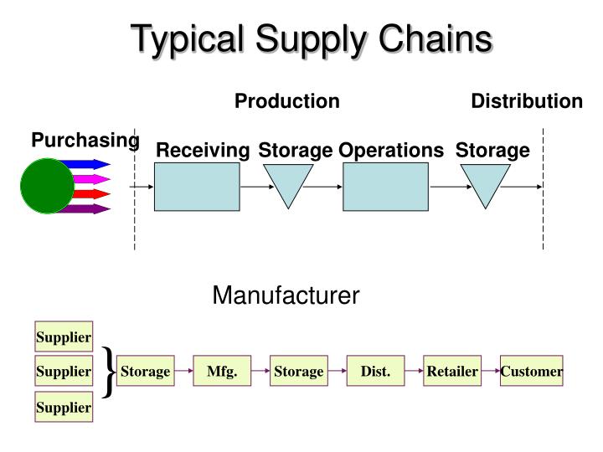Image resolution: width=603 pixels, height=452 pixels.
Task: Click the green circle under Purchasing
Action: pos(48,185)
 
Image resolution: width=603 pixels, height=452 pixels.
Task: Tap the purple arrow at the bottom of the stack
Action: pos(90,208)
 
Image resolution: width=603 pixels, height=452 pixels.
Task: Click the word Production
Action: pos(286,101)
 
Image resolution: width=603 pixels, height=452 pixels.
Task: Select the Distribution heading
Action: pos(526,101)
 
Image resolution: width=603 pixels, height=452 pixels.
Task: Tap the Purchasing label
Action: pos(85,140)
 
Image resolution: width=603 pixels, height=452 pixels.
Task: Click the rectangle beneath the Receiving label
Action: pos(198,186)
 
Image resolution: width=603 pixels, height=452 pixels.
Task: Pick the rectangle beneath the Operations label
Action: pos(385,186)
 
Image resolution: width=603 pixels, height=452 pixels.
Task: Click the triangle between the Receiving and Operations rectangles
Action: pos(288,181)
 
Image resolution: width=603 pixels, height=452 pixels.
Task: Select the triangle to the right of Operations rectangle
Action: pos(486,181)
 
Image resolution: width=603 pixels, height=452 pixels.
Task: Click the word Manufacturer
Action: pos(286,295)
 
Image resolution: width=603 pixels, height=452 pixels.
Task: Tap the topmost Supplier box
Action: pos(63,336)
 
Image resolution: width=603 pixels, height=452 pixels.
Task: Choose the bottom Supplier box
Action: pos(63,407)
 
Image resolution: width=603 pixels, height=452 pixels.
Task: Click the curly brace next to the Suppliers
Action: pos(108,370)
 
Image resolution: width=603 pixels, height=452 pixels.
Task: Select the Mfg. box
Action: pos(222,371)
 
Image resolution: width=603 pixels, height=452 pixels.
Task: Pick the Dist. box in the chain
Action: pos(375,371)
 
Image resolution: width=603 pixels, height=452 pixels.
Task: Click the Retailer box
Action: pos(452,371)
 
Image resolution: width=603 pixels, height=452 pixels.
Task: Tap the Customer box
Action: pos(532,371)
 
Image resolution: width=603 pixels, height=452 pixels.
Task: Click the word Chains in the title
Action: pos(428,39)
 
